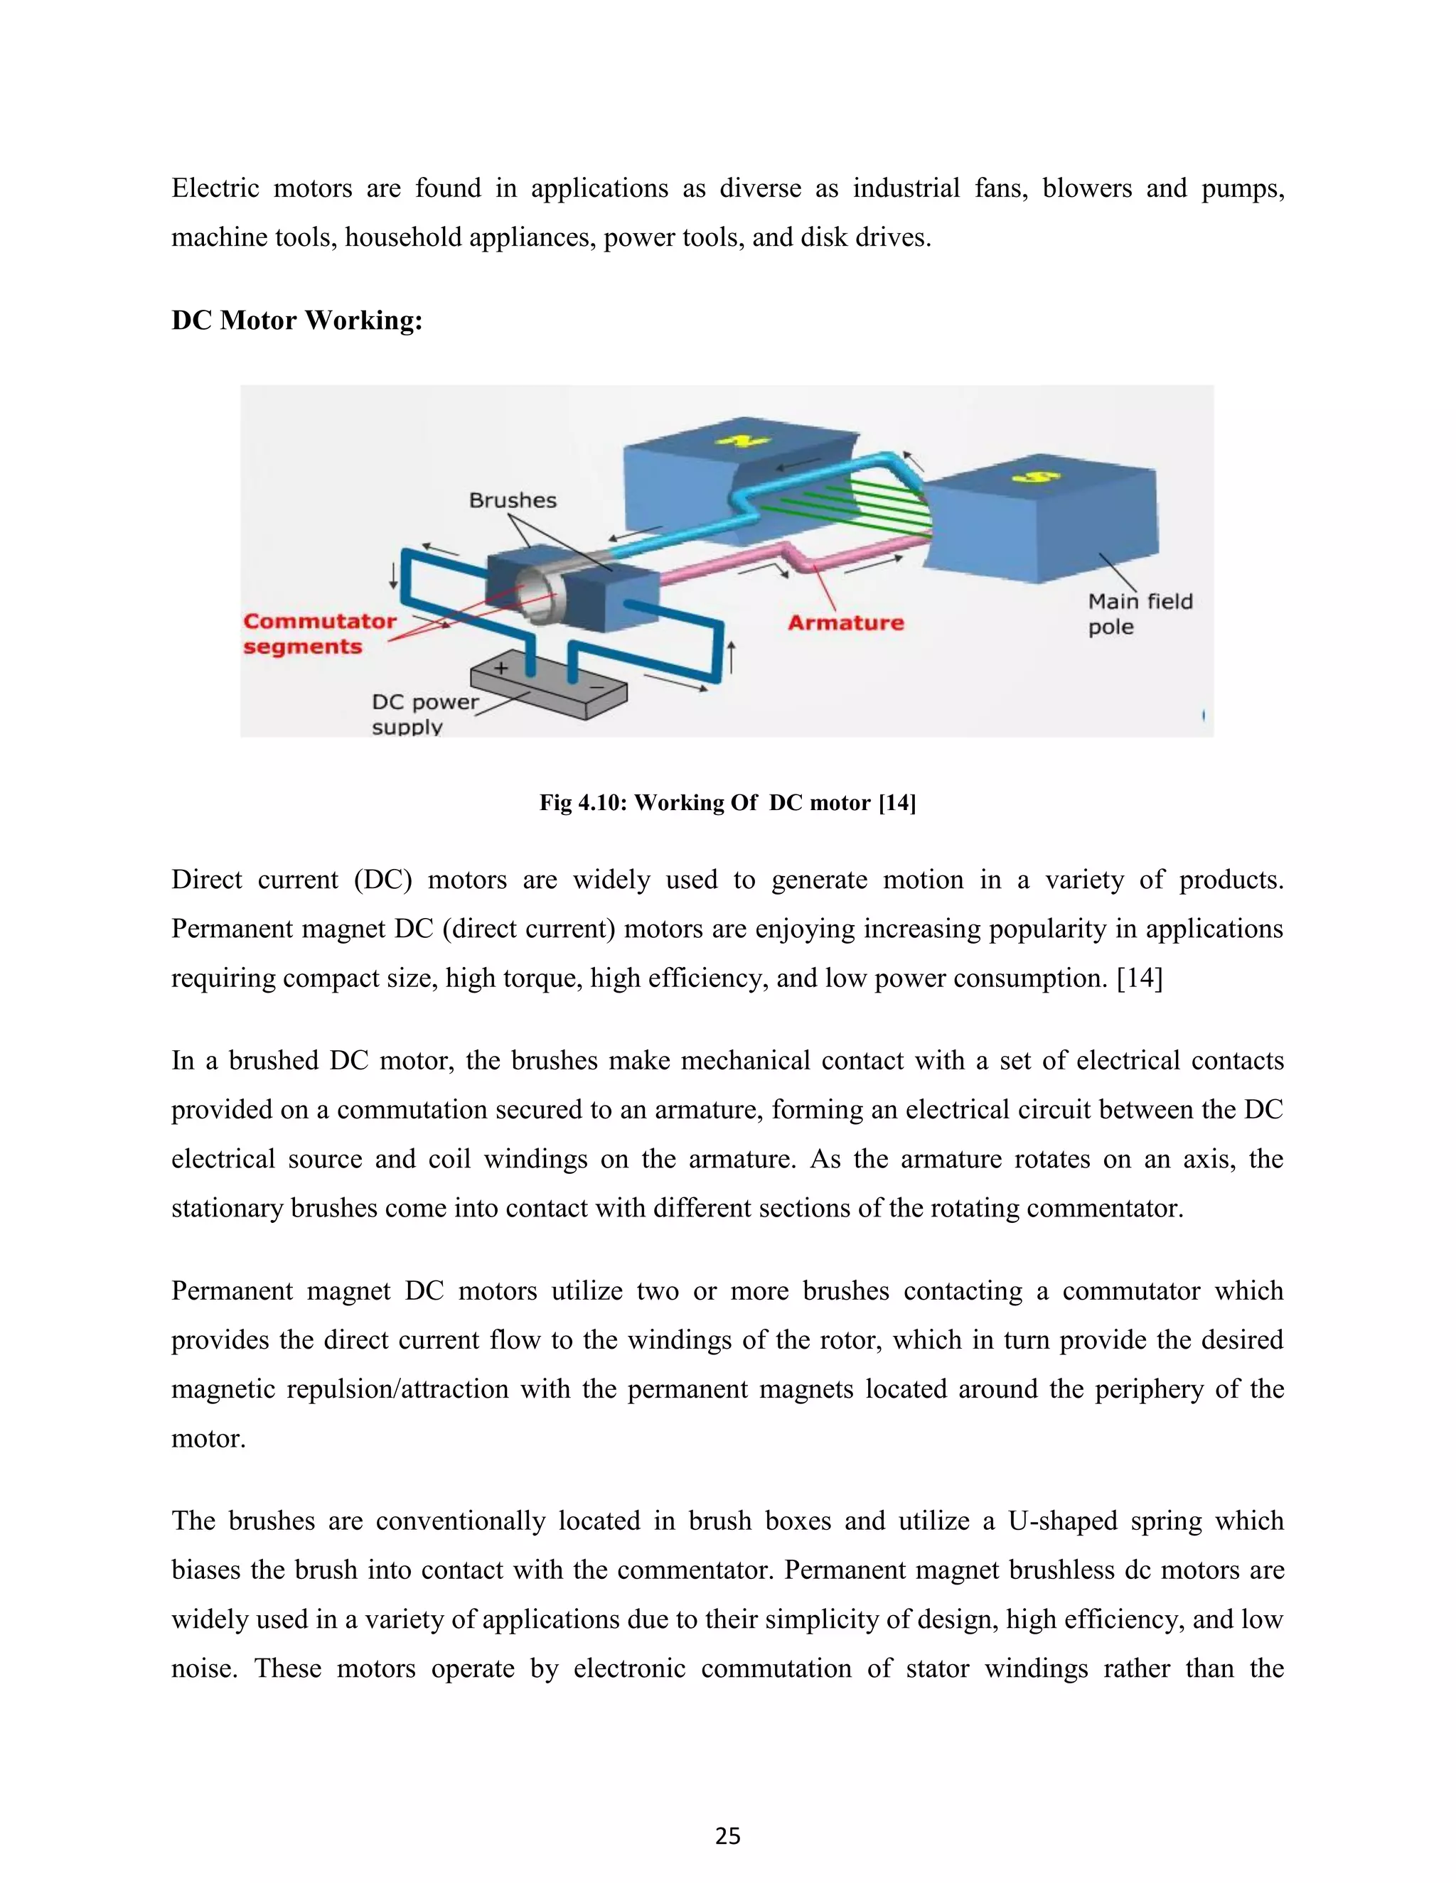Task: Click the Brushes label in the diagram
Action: point(513,500)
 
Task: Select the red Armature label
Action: point(845,622)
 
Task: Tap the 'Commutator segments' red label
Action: point(318,634)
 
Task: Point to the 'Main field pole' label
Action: point(1139,614)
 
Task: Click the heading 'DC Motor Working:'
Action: point(296,320)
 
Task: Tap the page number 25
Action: point(727,1836)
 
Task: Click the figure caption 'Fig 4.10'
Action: point(727,803)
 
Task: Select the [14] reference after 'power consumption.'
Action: point(1139,978)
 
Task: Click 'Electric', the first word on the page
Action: point(215,188)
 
